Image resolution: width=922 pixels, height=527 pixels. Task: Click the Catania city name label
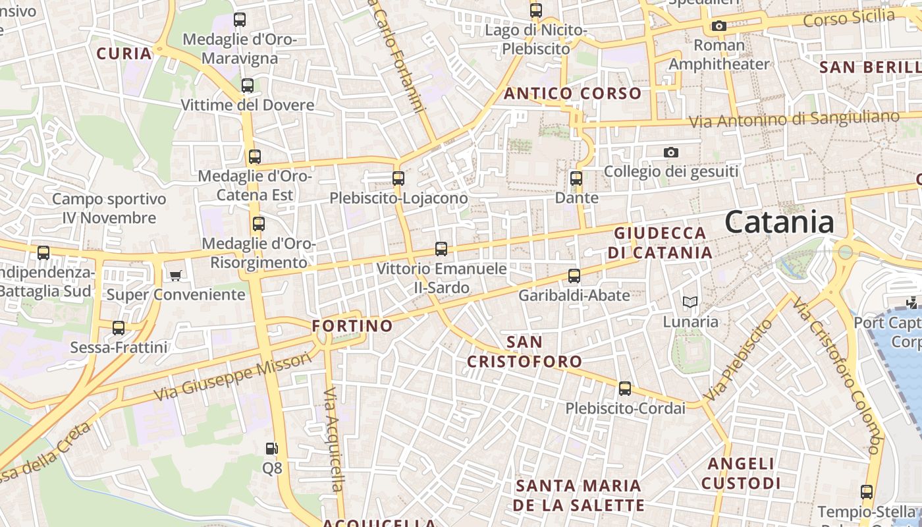click(780, 223)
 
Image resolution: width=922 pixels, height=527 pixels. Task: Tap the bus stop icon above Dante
click(576, 178)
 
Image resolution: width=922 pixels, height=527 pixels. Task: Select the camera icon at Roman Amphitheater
click(719, 26)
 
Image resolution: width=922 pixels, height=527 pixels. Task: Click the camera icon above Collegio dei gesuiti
click(670, 152)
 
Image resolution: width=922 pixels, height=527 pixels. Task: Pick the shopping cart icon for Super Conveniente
click(175, 275)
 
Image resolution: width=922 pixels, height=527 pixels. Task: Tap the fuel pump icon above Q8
click(271, 449)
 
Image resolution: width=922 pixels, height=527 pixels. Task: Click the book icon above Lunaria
click(690, 302)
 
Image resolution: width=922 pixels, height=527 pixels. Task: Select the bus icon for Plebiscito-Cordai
click(625, 389)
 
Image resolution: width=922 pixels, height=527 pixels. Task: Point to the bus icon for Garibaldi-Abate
click(574, 276)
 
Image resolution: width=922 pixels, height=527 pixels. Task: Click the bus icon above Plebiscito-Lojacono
click(398, 178)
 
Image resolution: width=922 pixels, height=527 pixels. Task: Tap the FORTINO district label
click(352, 326)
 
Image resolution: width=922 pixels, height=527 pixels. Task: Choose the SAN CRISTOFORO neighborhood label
click(525, 352)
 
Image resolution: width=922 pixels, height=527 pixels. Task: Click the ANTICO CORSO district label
click(572, 94)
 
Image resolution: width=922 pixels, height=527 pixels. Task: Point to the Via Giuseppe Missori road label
click(232, 377)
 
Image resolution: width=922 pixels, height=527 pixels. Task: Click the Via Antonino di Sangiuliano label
click(794, 119)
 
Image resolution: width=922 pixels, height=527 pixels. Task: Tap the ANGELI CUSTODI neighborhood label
click(741, 474)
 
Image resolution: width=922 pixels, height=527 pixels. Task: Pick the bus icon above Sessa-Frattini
click(119, 327)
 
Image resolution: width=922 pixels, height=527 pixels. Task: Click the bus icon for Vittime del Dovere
click(247, 86)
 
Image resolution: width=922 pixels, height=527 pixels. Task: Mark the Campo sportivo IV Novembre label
click(109, 208)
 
